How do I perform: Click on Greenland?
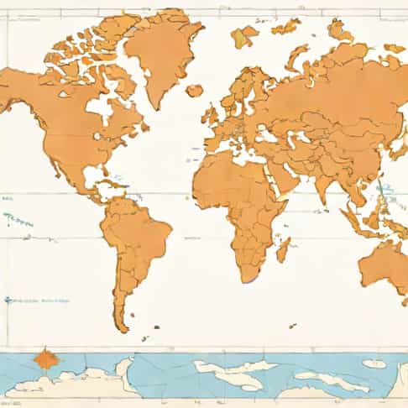coord(164,50)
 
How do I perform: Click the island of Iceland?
coord(195,90)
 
